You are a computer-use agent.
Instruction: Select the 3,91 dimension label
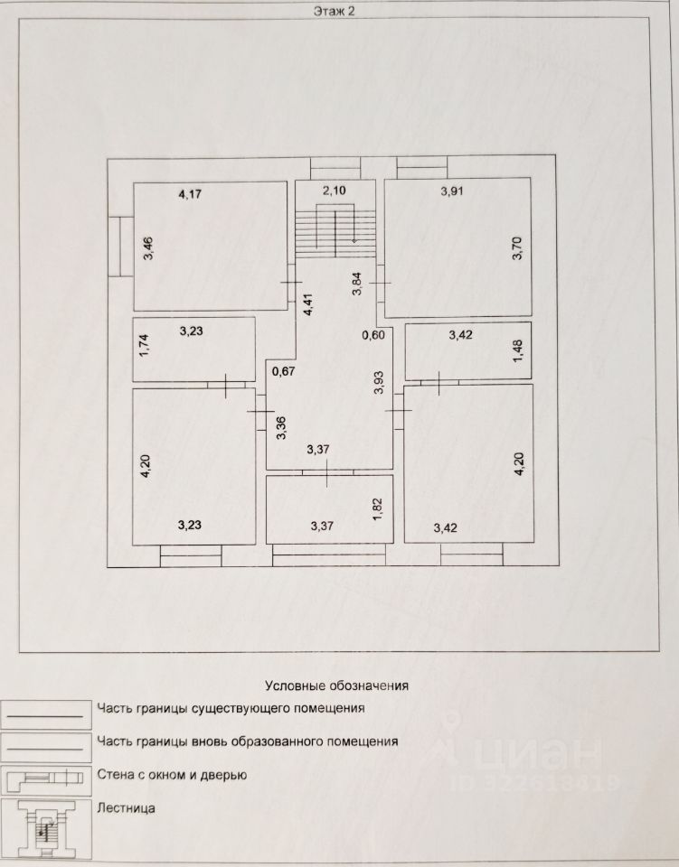(x=451, y=191)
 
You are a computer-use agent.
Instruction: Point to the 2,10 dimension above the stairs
(x=335, y=191)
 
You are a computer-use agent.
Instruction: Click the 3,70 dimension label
(x=517, y=248)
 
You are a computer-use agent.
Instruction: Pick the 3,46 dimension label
(x=148, y=249)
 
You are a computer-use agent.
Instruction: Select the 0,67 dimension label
(x=285, y=371)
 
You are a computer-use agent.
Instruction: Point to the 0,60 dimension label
(x=373, y=336)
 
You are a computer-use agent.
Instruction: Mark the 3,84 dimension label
(x=357, y=285)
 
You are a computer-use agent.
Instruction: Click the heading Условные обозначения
(x=336, y=685)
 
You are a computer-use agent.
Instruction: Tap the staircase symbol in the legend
(x=46, y=828)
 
